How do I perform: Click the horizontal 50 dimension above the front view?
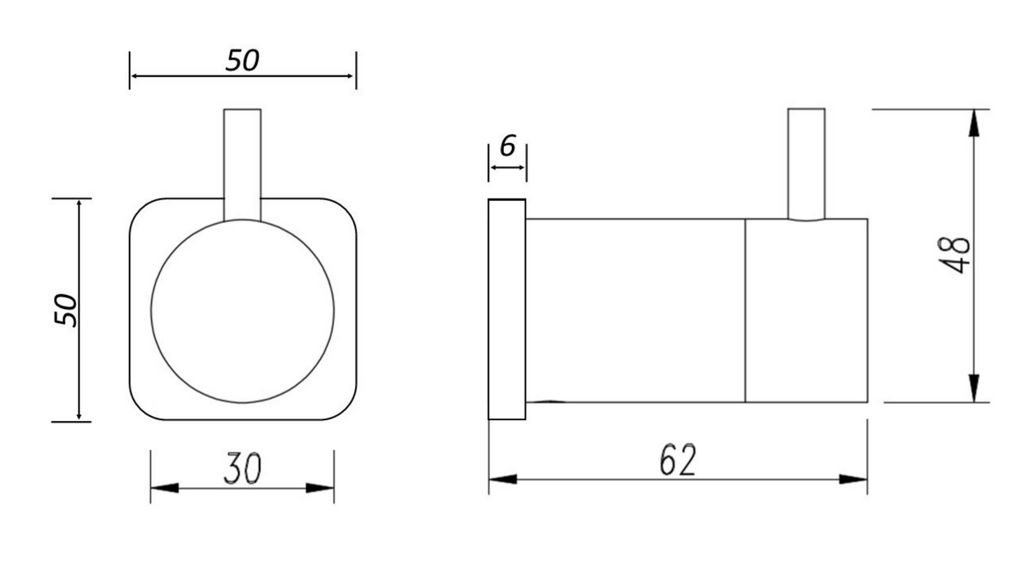tap(242, 60)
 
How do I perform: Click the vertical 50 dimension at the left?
tap(66, 311)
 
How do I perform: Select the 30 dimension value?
tap(242, 468)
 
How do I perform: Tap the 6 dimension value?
tap(508, 145)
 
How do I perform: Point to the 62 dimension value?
tap(678, 459)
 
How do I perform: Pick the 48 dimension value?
tap(954, 255)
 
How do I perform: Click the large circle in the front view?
tap(242, 219)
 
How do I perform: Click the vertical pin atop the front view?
tap(242, 164)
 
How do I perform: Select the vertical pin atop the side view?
tap(807, 164)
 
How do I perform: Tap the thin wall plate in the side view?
tap(507, 309)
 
